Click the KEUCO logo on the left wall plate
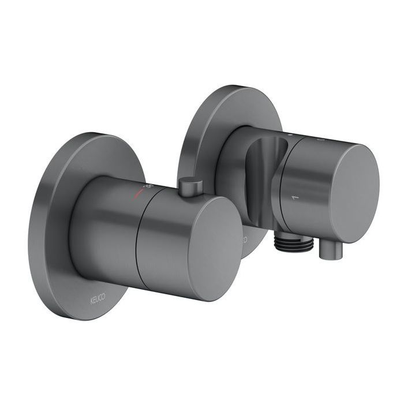(98, 300)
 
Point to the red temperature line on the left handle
(138, 193)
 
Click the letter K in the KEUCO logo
(91, 298)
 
